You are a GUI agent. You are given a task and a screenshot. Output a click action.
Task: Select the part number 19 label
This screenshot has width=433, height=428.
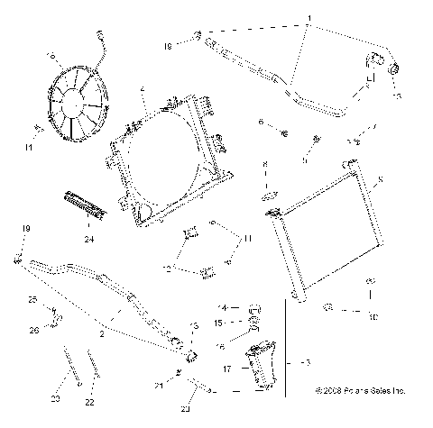pos(26,230)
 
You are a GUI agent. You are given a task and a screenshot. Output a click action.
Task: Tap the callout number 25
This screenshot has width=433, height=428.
pos(32,299)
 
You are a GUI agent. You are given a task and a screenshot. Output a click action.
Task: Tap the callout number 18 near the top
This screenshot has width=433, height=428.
pos(168,44)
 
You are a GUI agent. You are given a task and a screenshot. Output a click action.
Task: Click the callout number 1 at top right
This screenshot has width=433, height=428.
pos(309,17)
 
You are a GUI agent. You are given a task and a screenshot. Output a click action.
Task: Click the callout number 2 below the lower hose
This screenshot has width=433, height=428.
pos(101,333)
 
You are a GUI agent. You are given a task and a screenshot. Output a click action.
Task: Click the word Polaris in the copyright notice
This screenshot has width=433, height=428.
pos(355,391)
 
